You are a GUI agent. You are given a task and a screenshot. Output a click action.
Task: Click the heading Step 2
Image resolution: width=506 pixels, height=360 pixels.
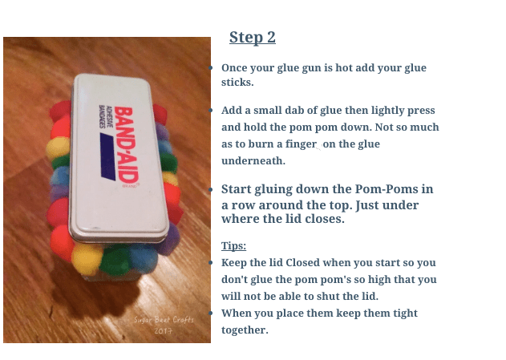coord(252,37)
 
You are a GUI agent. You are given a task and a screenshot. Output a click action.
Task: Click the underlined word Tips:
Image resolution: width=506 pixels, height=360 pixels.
coord(233,245)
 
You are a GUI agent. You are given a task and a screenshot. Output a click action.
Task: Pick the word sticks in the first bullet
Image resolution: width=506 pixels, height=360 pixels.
coord(237,83)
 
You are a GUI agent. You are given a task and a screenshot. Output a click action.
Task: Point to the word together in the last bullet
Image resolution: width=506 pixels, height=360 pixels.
coord(245,330)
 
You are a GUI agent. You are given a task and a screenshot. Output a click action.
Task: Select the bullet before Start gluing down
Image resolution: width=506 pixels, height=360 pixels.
coord(210,191)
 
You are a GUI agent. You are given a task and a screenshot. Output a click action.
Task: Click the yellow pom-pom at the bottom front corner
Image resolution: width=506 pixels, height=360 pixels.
coord(87,257)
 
